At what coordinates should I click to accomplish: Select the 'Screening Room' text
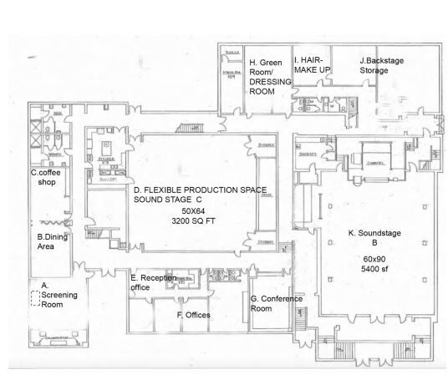pyautogui.click(x=59, y=298)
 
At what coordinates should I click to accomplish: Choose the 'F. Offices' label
pyautogui.click(x=192, y=315)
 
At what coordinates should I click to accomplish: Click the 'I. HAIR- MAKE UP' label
pyautogui.click(x=313, y=65)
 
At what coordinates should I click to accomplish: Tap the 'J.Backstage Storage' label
pyautogui.click(x=384, y=65)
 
